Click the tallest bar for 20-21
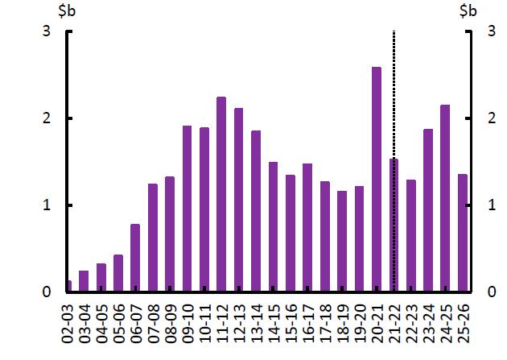tap(376, 179)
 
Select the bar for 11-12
tap(221, 194)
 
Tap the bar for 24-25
tap(445, 198)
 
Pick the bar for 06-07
tap(135, 258)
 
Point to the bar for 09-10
tap(187, 209)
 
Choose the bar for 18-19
tap(342, 241)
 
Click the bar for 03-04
tap(84, 281)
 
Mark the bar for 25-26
tap(463, 233)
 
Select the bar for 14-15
tap(273, 226)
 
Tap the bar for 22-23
tap(410, 235)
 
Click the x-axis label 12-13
tap(239, 322)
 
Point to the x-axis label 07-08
tap(153, 322)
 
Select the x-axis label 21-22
tap(394, 322)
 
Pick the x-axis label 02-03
tap(67, 322)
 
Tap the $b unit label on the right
tap(468, 11)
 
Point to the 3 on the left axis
tap(47, 31)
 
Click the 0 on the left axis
tap(47, 292)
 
